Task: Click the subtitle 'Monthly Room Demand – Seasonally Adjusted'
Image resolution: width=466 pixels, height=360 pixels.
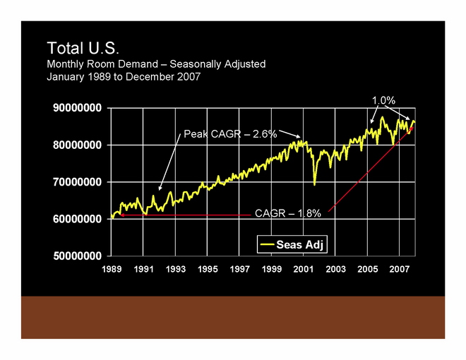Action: (156, 64)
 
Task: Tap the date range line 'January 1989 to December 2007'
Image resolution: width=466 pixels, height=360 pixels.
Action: (124, 76)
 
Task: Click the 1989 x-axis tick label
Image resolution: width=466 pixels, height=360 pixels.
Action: (112, 269)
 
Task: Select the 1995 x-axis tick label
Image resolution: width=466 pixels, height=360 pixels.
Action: (208, 269)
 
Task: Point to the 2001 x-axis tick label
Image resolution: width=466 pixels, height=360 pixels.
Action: (304, 269)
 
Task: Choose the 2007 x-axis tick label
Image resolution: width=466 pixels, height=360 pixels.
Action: (400, 269)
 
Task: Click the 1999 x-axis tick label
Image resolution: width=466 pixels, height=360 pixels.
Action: (272, 269)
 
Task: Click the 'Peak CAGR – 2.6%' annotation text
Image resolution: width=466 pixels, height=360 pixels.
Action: (230, 133)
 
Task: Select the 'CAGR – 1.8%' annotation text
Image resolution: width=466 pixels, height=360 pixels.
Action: (288, 212)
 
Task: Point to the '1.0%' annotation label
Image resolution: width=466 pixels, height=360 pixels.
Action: (383, 101)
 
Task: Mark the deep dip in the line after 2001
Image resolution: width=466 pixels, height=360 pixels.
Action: (315, 182)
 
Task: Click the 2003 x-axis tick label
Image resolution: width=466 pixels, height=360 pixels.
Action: (335, 269)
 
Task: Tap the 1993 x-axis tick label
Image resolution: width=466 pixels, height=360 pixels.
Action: (176, 269)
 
